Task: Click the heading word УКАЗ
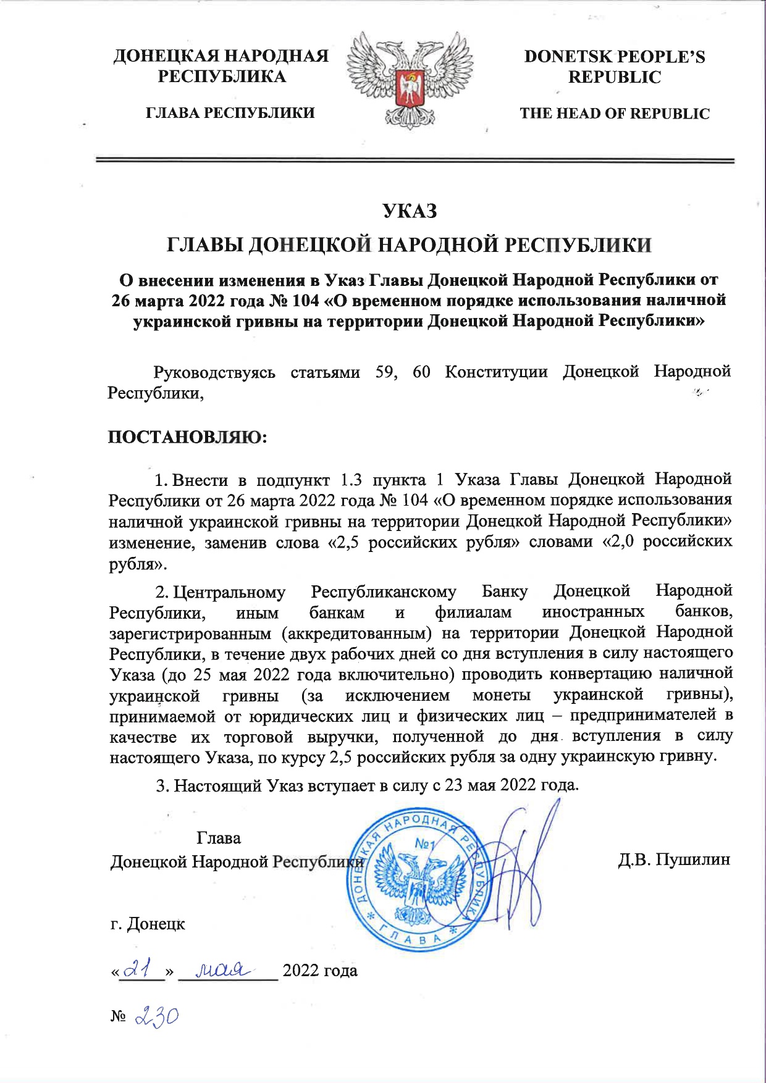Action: pyautogui.click(x=410, y=211)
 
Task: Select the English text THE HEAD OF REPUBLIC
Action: pyautogui.click(x=614, y=114)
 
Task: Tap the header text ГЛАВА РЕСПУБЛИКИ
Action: pyautogui.click(x=230, y=113)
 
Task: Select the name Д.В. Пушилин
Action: pyautogui.click(x=674, y=859)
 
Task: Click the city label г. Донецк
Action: pyautogui.click(x=148, y=924)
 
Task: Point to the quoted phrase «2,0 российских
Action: pyautogui.click(x=667, y=541)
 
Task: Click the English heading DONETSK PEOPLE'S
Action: pyautogui.click(x=614, y=57)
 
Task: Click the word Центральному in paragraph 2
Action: pyautogui.click(x=229, y=592)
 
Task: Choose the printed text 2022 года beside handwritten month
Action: pyautogui.click(x=320, y=970)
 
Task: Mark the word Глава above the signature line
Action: pyautogui.click(x=219, y=838)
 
